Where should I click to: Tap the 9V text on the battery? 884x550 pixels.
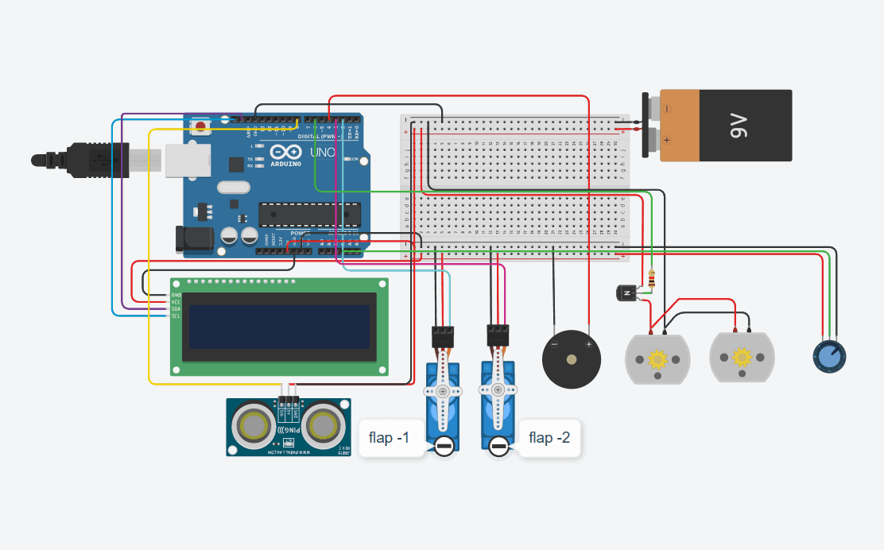click(x=739, y=126)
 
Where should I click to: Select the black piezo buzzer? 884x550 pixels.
click(x=571, y=360)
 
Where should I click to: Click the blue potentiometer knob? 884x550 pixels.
click(x=828, y=357)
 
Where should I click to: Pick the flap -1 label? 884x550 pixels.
click(x=389, y=438)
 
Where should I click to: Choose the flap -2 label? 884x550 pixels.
click(x=549, y=438)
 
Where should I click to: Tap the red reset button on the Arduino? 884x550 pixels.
click(x=200, y=126)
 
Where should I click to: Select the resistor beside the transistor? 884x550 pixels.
click(x=653, y=279)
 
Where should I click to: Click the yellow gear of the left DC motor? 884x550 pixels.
click(x=658, y=359)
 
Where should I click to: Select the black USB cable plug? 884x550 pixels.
click(x=87, y=159)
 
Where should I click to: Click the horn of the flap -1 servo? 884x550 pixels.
click(x=441, y=392)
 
